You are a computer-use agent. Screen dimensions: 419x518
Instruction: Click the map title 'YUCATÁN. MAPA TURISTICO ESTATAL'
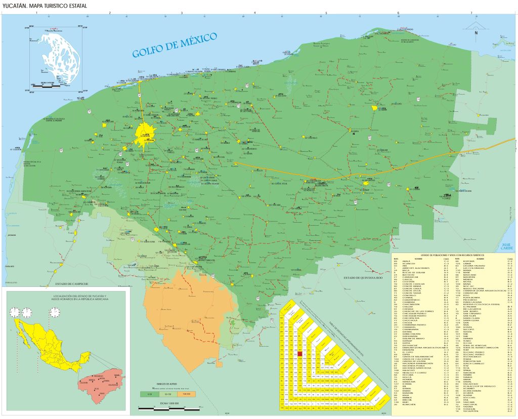44,6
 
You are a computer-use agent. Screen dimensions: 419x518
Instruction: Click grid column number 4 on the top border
254,12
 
